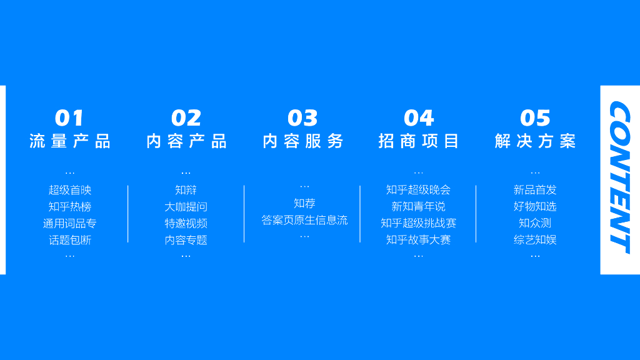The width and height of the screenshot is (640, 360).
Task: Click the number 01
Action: [69, 118]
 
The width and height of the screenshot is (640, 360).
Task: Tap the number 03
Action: [303, 118]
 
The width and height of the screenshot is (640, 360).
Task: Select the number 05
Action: [535, 118]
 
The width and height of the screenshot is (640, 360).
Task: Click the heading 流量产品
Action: [70, 141]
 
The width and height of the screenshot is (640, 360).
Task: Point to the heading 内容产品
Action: [186, 141]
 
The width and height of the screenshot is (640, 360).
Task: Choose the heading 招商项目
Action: [419, 141]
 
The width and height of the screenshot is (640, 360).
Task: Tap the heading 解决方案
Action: [535, 141]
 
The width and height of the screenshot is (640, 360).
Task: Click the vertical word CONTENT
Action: [619, 177]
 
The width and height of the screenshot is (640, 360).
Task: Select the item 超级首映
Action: [70, 190]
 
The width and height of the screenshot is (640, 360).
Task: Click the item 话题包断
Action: [70, 240]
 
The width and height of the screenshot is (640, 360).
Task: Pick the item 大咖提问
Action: [186, 207]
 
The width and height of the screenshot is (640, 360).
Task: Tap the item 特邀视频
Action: [186, 223]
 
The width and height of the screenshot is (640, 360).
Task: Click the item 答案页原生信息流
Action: [304, 220]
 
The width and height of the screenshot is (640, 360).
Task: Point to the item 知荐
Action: [304, 203]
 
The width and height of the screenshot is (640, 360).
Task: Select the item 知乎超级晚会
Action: [418, 190]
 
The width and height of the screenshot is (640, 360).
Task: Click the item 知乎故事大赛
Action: [418, 240]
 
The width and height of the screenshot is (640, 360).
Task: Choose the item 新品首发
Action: [535, 190]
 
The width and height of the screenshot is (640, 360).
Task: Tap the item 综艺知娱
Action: [535, 240]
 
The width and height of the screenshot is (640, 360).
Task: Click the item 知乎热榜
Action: [70, 207]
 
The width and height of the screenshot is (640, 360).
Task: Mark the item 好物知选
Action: [535, 206]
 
